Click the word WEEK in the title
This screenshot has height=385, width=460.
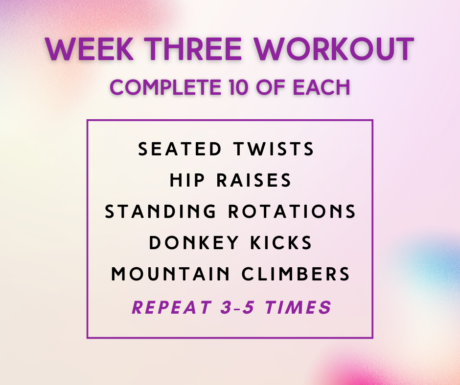pos(90,49)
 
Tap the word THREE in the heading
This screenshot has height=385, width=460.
pos(194,49)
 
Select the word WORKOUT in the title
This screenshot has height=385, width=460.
pos(334,49)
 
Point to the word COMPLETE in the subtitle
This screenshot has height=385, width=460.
pos(165,87)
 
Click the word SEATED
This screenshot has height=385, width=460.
pos(180,149)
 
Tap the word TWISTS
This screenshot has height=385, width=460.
pos(274,149)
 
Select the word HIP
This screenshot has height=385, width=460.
pos(187,180)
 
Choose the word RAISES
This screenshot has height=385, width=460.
pos(254,180)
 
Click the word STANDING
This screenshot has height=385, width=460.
pos(161,211)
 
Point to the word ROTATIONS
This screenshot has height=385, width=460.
pos(292,211)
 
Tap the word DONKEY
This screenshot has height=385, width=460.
pos(194,243)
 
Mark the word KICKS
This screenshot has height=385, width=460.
pos(281,243)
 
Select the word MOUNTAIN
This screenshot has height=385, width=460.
pos(170,274)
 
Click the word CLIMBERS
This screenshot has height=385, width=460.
pos(296,274)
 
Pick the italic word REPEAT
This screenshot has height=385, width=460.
pos(172,307)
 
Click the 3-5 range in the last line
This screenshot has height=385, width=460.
pos(238,307)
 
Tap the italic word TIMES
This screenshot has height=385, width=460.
pos(299,307)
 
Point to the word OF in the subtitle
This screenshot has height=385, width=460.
pos(271,87)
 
